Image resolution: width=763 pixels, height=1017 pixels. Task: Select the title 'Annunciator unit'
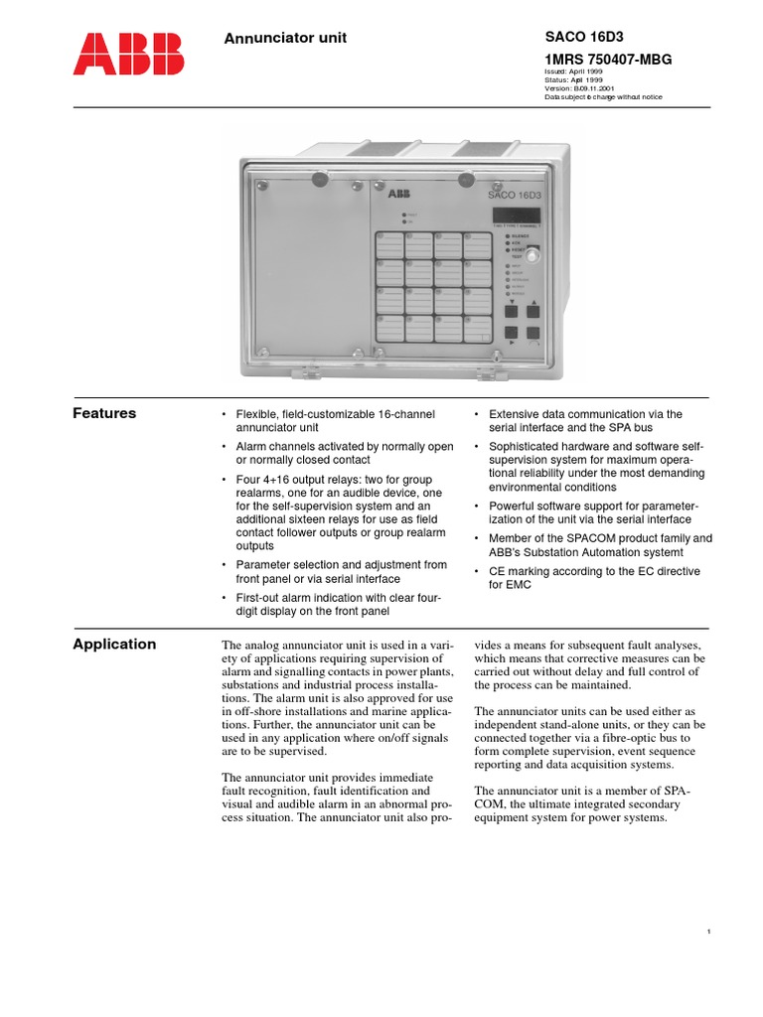click(x=285, y=39)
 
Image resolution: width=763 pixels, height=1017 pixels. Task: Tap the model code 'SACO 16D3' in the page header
click(x=581, y=38)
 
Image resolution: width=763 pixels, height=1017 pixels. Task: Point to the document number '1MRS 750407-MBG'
click(x=608, y=60)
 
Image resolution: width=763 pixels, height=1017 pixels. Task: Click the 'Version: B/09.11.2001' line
click(x=588, y=88)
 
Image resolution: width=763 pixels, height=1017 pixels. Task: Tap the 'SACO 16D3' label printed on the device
click(x=515, y=195)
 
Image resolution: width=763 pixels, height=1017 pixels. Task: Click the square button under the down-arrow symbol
click(x=512, y=311)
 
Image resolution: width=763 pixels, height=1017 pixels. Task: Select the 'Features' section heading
click(x=104, y=413)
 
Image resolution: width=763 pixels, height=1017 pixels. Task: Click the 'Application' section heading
click(x=114, y=644)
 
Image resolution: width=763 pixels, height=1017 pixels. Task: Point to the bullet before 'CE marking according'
click(x=477, y=572)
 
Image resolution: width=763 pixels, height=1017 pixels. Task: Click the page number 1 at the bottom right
click(x=708, y=931)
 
